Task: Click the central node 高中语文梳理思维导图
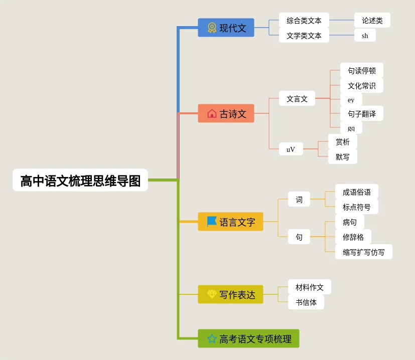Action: (x=80, y=180)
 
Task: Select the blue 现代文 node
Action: (x=226, y=28)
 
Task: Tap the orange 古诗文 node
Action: (x=226, y=113)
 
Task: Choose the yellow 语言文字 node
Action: (x=231, y=222)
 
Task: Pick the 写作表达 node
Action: (x=230, y=294)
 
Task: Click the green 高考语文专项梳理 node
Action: (x=248, y=338)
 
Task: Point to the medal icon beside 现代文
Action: (x=212, y=28)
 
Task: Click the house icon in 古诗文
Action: (x=212, y=113)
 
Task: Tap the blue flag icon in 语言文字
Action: (x=212, y=221)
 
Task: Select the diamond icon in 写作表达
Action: (x=212, y=294)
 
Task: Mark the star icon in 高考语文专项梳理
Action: (x=212, y=338)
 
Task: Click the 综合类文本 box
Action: (x=304, y=21)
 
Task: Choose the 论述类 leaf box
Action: (x=372, y=21)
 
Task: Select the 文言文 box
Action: (x=297, y=99)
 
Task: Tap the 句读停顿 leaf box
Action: (x=361, y=70)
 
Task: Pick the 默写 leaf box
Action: (x=342, y=156)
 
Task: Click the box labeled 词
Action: (x=299, y=200)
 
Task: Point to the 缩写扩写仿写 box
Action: (x=363, y=252)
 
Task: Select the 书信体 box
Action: (x=306, y=302)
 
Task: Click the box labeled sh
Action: (x=365, y=35)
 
